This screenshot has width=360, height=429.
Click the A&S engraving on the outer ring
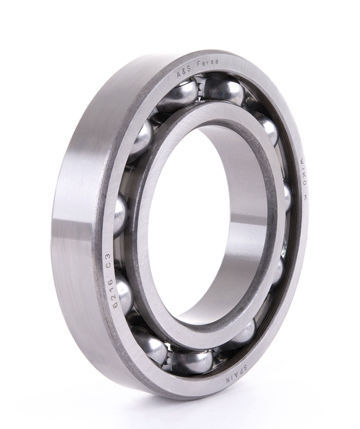point(184,72)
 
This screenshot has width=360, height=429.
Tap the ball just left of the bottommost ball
point(152,347)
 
